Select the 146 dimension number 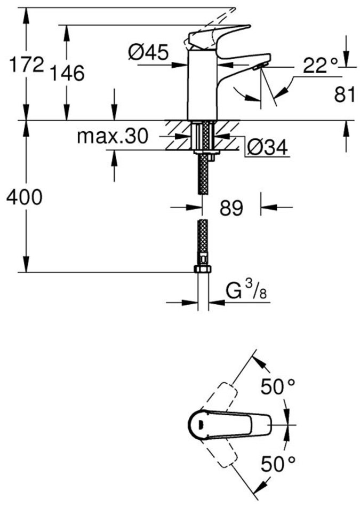pos(68,73)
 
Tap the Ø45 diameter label pos(149,52)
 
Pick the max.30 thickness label pos(112,137)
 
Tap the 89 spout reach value pos(230,208)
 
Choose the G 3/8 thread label pos(246,292)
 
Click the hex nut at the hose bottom pos(202,268)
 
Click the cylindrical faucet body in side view pos(203,85)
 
